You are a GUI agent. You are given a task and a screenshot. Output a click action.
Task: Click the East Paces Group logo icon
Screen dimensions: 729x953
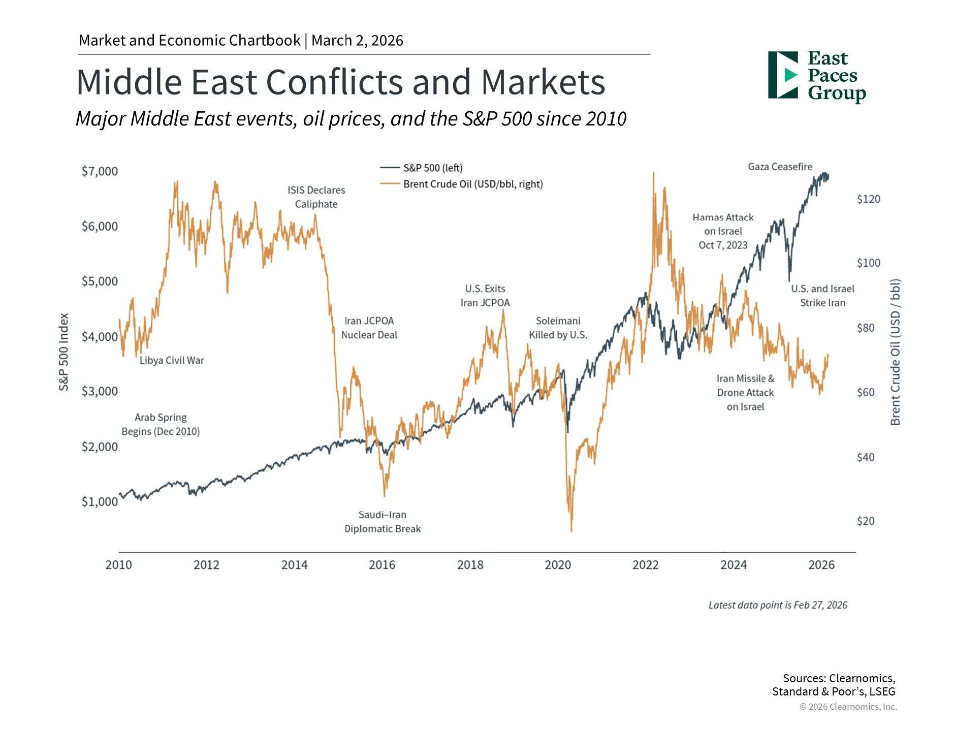[783, 75]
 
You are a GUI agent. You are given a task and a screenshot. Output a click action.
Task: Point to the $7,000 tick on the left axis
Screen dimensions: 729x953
[100, 171]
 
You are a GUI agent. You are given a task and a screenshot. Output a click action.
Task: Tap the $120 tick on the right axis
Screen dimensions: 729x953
[868, 199]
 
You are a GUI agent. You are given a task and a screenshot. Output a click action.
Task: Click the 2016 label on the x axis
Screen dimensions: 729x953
[382, 565]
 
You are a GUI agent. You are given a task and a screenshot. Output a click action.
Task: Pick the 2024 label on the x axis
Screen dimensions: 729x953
[734, 565]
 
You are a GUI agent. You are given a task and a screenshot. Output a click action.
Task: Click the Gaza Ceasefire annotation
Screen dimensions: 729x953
[780, 167]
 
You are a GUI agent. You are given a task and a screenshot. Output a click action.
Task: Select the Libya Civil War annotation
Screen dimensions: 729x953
[172, 360]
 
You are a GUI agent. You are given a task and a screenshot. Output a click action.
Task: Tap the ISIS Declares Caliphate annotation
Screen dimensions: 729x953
[316, 197]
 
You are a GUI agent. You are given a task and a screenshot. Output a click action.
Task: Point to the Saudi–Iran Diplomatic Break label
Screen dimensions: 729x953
[383, 522]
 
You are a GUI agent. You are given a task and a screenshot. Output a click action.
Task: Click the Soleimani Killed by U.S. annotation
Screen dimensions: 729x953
[558, 328]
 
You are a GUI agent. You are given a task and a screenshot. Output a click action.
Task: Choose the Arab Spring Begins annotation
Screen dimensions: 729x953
[161, 424]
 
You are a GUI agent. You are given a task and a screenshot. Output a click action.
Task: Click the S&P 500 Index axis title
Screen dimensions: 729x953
[63, 352]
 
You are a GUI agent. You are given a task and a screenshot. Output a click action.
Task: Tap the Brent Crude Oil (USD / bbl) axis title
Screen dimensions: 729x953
[895, 352]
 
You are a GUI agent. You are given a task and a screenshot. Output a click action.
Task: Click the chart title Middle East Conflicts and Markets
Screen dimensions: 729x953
[340, 82]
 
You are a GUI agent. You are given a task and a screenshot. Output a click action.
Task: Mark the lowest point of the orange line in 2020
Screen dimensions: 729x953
[571, 531]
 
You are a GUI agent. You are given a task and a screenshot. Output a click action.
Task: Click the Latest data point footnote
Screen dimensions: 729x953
[778, 605]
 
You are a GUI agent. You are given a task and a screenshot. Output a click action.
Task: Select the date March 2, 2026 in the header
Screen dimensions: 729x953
[357, 41]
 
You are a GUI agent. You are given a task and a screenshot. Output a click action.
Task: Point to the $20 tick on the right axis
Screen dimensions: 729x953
[866, 521]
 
